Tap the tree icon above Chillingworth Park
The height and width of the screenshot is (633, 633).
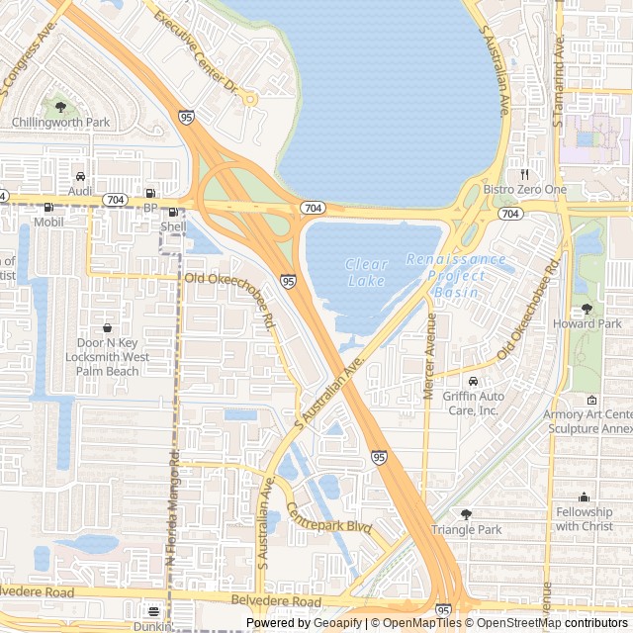[60, 106]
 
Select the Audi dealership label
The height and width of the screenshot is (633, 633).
[80, 190]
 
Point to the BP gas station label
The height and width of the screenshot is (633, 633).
[150, 208]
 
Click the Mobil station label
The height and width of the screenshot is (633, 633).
[48, 222]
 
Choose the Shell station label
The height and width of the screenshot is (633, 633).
[173, 226]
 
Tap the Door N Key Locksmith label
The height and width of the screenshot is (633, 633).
[107, 356]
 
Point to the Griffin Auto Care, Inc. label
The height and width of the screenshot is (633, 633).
[473, 403]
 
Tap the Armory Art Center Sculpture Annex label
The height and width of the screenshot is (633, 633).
[588, 421]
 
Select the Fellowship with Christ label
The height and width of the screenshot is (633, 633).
[584, 518]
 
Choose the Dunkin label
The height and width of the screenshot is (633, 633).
[153, 625]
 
